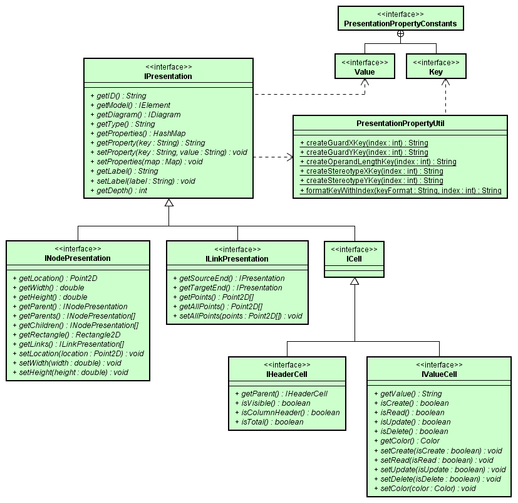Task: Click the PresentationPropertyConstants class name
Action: (400, 24)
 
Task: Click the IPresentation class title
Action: (168, 77)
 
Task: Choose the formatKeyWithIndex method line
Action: (401, 190)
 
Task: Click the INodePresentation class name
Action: (78, 258)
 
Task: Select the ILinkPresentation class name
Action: (237, 258)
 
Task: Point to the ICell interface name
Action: (354, 258)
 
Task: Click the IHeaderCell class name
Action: (286, 374)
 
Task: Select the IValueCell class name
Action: (439, 374)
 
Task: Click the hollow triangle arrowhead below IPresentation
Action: (168, 203)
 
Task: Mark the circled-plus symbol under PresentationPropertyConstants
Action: (400, 33)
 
